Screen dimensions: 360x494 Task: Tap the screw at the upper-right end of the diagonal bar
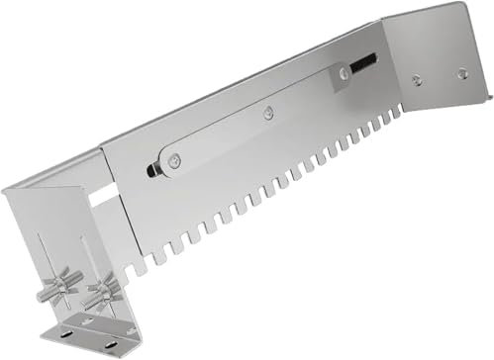(341, 71)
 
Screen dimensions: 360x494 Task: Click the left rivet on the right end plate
(416, 80)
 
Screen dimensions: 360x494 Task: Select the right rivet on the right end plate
(460, 72)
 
